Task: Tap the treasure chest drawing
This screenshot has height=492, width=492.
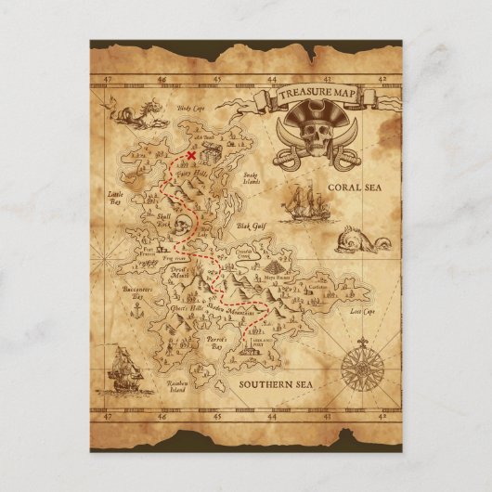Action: [x=209, y=149]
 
